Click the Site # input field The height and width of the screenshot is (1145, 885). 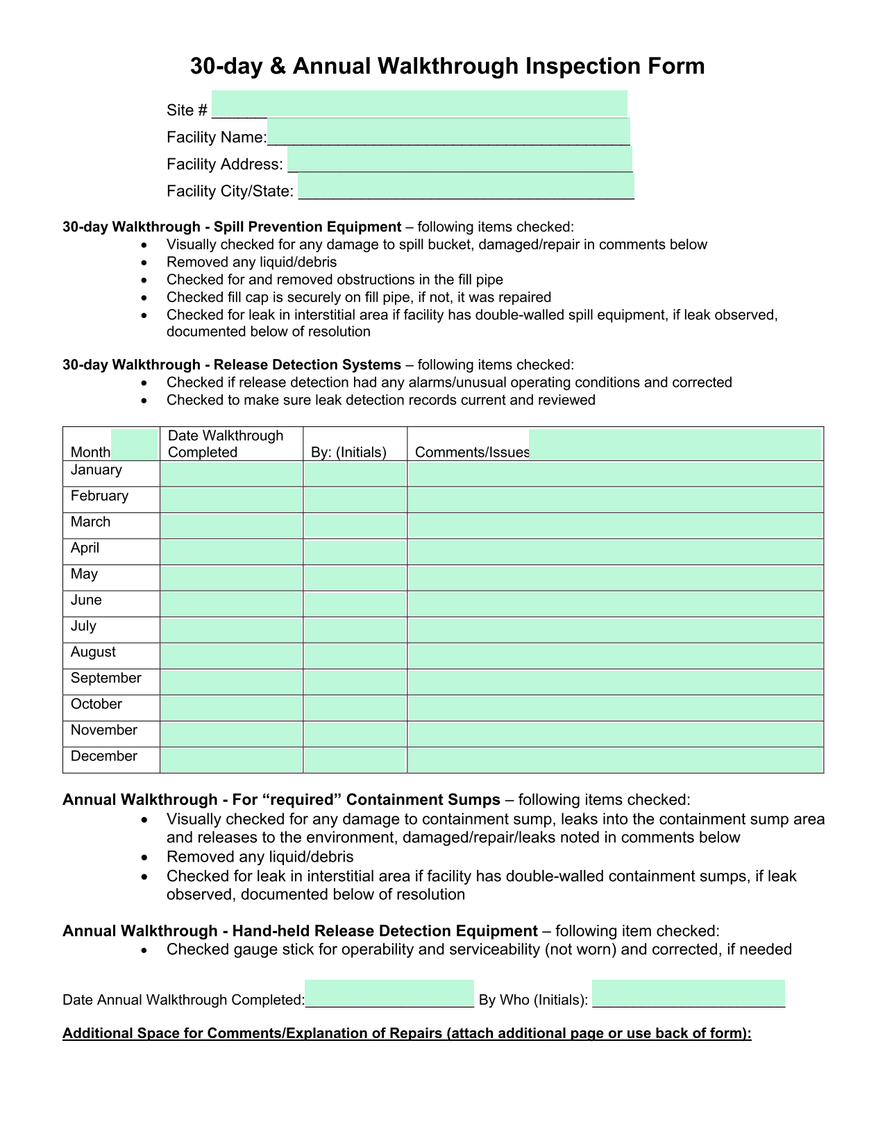[419, 104]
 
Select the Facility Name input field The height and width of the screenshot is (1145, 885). [448, 131]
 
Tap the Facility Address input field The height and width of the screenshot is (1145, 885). [460, 159]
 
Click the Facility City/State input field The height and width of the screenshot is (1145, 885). [466, 186]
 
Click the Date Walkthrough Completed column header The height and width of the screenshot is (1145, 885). [226, 444]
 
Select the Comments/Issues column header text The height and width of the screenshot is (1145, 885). [472, 453]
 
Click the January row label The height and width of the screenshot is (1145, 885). [96, 470]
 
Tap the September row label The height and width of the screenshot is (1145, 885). [106, 678]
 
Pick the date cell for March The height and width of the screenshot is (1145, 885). [231, 526]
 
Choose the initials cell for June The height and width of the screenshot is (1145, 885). [355, 604]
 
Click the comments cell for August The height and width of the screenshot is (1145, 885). [615, 656]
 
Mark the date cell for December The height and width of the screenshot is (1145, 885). [231, 760]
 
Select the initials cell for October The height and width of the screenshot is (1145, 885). [355, 708]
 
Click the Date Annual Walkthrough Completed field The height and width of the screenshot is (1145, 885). [389, 994]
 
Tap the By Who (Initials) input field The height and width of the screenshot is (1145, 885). [688, 994]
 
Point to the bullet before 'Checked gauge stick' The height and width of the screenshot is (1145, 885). [144, 950]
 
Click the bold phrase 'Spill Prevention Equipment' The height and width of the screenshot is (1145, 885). [307, 227]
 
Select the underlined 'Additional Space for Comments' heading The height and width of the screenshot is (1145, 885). [407, 1033]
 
